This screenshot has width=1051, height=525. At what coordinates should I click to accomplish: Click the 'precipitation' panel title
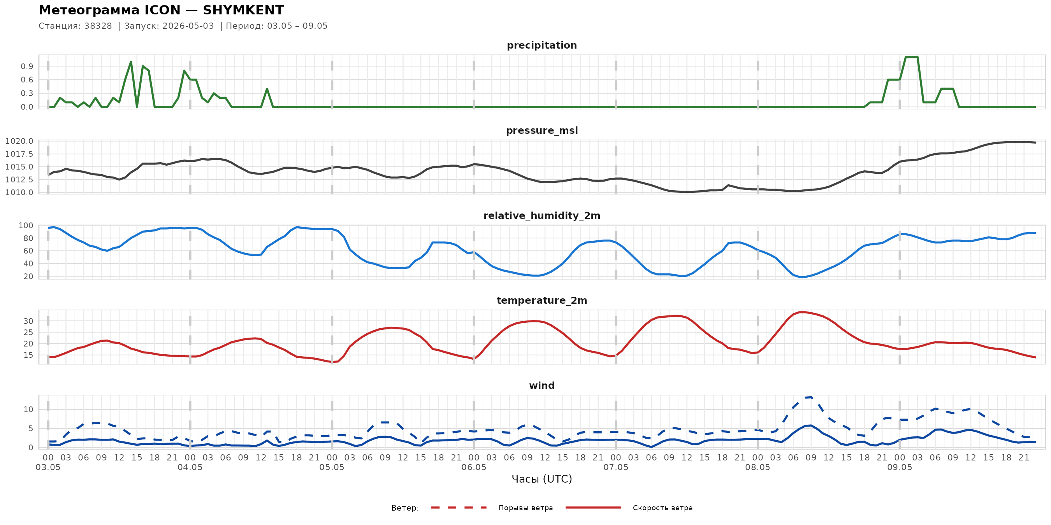point(542,45)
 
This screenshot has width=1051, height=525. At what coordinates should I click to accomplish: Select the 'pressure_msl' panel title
point(542,130)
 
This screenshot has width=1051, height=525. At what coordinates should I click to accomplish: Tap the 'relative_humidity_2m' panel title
point(542,215)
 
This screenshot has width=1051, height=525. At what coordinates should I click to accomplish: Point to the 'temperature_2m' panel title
point(542,300)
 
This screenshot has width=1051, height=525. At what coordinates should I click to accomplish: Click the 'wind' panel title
point(542,386)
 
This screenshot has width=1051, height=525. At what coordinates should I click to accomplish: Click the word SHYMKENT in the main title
point(243,10)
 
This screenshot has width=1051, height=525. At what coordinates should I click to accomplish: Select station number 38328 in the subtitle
point(98,26)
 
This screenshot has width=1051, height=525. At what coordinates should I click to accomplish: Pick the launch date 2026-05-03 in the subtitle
point(188,26)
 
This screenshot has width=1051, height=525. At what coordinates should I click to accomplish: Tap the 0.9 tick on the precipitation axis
point(27,66)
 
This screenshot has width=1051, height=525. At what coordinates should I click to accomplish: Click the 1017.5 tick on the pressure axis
point(19,154)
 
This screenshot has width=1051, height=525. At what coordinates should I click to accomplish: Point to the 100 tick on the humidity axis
point(26,226)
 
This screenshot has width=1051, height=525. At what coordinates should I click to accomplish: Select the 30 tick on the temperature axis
point(28,321)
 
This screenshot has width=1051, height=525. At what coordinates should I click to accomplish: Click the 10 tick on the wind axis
point(28,409)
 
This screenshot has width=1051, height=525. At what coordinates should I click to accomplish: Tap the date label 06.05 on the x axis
point(474,467)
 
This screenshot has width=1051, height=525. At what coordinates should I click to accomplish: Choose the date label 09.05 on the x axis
point(900,467)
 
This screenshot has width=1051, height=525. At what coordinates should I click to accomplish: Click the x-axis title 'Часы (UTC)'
point(542,479)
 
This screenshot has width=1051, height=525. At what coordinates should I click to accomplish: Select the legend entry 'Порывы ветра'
point(525,508)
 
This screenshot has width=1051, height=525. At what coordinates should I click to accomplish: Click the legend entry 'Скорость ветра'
point(663,508)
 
